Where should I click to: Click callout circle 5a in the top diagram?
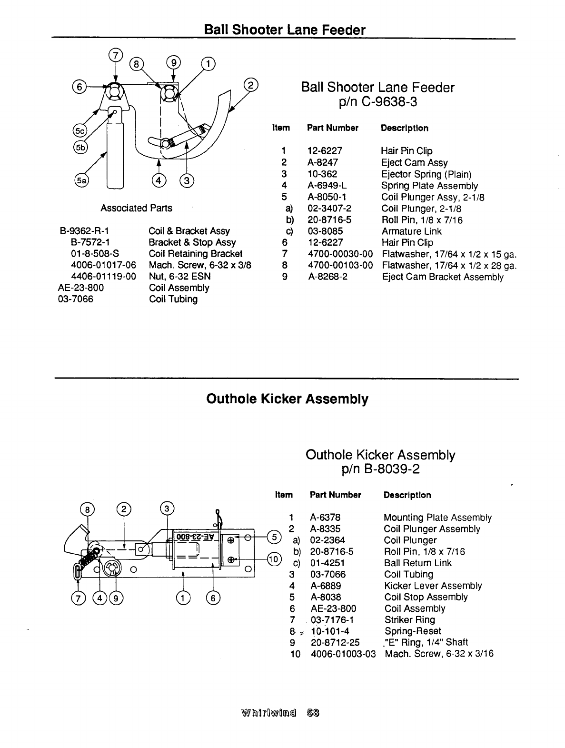(x=81, y=180)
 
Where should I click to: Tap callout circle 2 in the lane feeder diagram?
(x=250, y=86)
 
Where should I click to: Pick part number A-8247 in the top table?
(x=323, y=162)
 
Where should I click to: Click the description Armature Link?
(x=411, y=231)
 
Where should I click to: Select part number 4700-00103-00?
(x=340, y=265)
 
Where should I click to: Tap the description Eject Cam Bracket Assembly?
(x=442, y=277)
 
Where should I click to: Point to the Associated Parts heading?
(x=136, y=208)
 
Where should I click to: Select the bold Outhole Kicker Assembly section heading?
(x=287, y=399)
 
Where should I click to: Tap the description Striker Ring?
(x=409, y=620)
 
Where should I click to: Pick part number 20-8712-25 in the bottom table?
(x=335, y=642)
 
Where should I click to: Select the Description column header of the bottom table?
(x=407, y=495)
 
